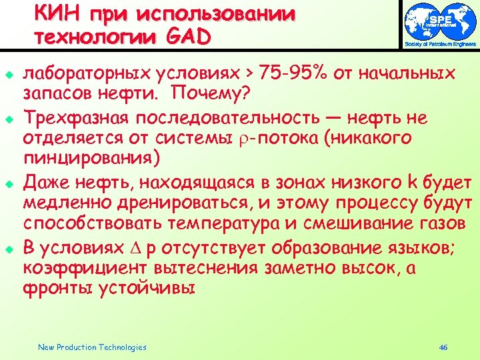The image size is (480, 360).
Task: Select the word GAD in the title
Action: tap(189, 37)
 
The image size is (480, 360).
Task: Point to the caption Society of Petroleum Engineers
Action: tap(441, 45)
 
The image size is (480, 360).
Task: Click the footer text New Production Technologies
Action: tap(92, 347)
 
